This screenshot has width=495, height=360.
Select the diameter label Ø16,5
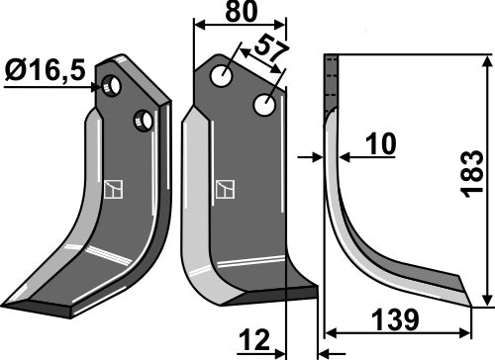(x=44, y=71)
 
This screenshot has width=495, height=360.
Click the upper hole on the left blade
(x=115, y=86)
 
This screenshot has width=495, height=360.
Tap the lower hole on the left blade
(x=144, y=121)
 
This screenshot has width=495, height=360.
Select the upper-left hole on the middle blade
(x=227, y=75)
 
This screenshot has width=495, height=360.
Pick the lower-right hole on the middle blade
(x=264, y=103)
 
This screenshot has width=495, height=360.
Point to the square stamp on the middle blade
(x=226, y=189)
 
